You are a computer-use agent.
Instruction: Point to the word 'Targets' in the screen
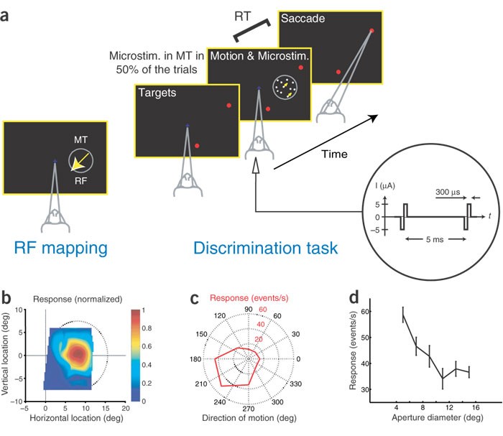tap(157, 93)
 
